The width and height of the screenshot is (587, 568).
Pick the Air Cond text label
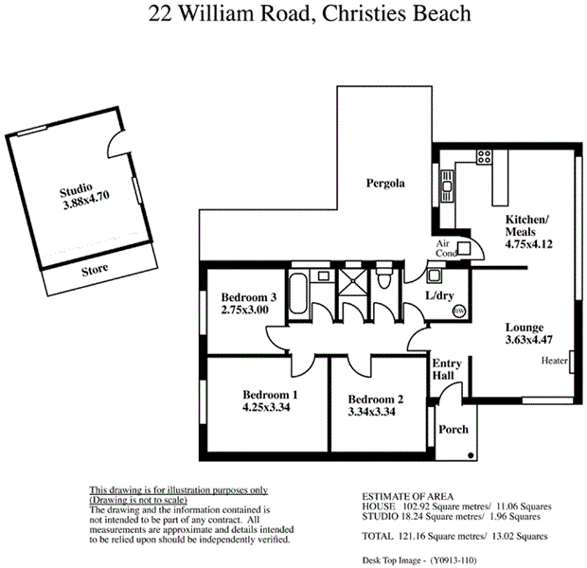pyautogui.click(x=447, y=248)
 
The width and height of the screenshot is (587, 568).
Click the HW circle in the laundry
pyautogui.click(x=459, y=311)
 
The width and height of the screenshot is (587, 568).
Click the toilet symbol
pyautogui.click(x=382, y=280)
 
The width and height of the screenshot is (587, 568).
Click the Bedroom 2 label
pyautogui.click(x=376, y=399)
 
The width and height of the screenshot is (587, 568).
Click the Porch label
pyautogui.click(x=454, y=429)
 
